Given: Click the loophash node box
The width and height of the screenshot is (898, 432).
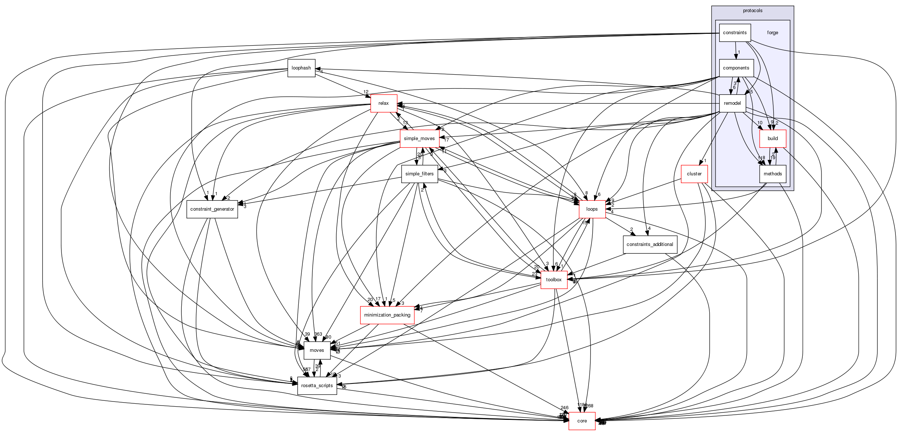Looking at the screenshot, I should point(301,68).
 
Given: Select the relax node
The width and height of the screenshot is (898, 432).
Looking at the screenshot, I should point(383,103).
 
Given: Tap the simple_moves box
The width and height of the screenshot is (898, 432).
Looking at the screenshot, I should point(419,139).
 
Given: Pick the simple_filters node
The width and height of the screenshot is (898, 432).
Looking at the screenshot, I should point(419,174).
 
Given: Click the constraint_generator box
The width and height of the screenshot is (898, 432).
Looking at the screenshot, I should point(212,209).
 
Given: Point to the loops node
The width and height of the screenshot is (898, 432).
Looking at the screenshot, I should point(592,209).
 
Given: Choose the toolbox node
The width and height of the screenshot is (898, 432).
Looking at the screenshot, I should point(554,280).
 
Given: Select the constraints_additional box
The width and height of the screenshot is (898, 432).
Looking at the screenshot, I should point(650,244).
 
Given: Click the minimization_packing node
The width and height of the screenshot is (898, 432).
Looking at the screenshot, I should point(387,315).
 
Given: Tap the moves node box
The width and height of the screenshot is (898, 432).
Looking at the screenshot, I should point(316,350).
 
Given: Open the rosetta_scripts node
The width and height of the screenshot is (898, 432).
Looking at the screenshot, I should point(317,386).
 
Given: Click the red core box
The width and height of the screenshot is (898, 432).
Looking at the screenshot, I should point(582,421).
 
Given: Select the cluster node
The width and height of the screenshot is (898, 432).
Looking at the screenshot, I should point(694,174).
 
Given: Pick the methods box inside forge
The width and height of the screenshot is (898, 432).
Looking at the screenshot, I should point(773,174).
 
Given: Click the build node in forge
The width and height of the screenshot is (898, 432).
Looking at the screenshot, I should point(773,139).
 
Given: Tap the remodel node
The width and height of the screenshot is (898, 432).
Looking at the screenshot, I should point(732,103).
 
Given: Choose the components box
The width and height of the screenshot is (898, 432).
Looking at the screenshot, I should point(736,68).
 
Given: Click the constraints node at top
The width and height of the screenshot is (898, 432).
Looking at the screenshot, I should point(734,33).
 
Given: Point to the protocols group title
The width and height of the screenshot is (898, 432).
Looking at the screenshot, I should point(752,11).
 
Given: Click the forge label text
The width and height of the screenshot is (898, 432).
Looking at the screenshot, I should point(773,33).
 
